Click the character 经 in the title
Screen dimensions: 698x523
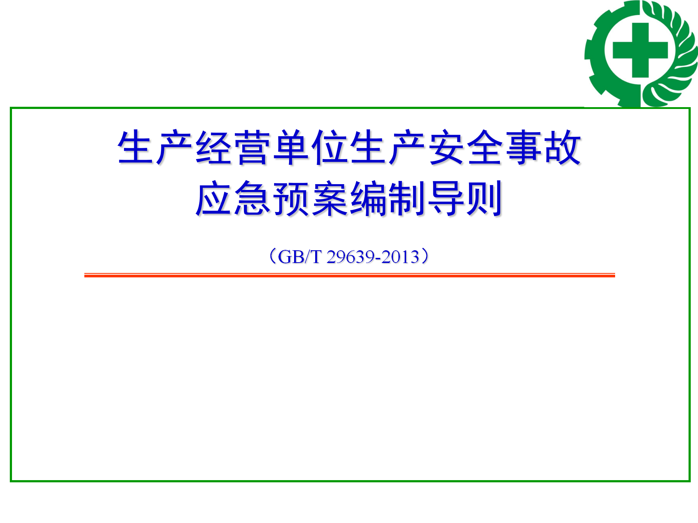[x=214, y=147]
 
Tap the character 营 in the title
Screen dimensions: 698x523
[x=252, y=147]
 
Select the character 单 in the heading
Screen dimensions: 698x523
[x=291, y=147]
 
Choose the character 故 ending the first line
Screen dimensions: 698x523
[x=563, y=147]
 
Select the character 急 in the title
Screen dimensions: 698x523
[x=252, y=198]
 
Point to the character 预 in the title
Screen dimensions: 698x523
[x=291, y=198]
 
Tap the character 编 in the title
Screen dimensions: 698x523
[x=369, y=198]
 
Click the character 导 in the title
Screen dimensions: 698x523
[x=446, y=198]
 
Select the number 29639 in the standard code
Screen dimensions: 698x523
[x=350, y=257]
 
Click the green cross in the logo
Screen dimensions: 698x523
[x=640, y=50]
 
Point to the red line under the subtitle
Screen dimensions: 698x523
[x=350, y=275]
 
